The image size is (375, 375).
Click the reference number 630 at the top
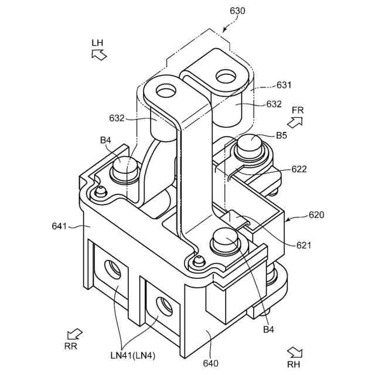[x=238, y=11]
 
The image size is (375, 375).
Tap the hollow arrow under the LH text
[x=98, y=55]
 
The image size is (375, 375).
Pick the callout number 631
[x=284, y=85]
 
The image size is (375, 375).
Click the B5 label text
[x=282, y=136]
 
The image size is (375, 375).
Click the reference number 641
[x=60, y=225]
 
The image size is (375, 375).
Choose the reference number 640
[x=210, y=363]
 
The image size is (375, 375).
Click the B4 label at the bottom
[x=268, y=330]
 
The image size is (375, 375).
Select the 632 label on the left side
[x=116, y=118]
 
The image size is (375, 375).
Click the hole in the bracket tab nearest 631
[x=225, y=76]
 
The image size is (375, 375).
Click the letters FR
[x=298, y=110]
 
